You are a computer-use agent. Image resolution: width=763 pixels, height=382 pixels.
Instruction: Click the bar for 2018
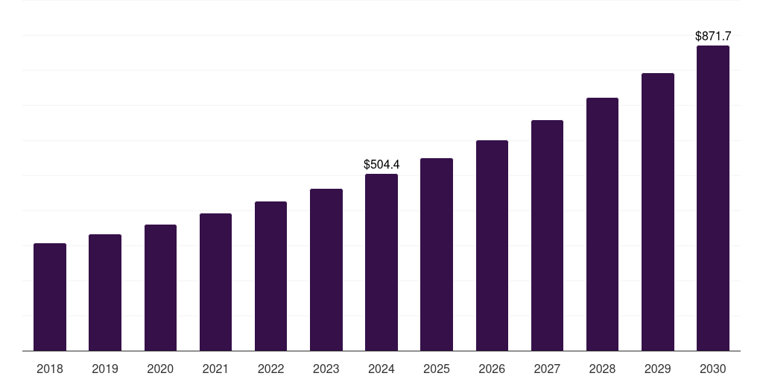point(50,297)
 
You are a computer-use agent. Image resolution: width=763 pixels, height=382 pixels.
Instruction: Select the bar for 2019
point(105,292)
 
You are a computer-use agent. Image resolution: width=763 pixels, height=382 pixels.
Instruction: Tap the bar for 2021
point(215,282)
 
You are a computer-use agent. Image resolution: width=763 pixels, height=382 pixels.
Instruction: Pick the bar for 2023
point(326,269)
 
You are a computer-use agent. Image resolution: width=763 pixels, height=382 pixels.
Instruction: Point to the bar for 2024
point(381,262)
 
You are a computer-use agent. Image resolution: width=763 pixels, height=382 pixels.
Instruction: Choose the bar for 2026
point(492,245)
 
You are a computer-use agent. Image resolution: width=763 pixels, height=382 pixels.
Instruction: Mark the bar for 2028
point(602,224)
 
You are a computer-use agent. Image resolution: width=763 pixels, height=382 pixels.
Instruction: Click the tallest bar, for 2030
point(713,198)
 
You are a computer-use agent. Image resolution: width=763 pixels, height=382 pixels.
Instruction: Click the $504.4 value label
point(381,164)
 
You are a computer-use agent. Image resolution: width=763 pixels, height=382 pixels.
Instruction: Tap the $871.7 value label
point(713,36)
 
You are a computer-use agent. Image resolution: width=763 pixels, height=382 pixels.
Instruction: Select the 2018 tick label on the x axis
point(50,369)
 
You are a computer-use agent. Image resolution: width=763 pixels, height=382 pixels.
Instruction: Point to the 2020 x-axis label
point(160,369)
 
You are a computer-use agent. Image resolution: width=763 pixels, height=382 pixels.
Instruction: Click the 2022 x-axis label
point(270,369)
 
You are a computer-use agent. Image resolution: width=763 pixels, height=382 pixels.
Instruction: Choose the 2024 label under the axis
point(381,369)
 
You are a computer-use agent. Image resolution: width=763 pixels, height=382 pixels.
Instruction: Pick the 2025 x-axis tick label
point(437,369)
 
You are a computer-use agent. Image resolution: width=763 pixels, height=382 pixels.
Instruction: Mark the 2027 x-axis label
point(547,369)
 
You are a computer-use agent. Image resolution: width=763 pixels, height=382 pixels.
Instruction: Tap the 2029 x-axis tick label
point(657,369)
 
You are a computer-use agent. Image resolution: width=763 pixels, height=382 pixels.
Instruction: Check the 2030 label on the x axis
point(713,369)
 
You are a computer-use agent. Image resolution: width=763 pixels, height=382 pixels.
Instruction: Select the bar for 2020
point(160,287)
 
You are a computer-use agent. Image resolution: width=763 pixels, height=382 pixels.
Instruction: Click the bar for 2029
point(657,212)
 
